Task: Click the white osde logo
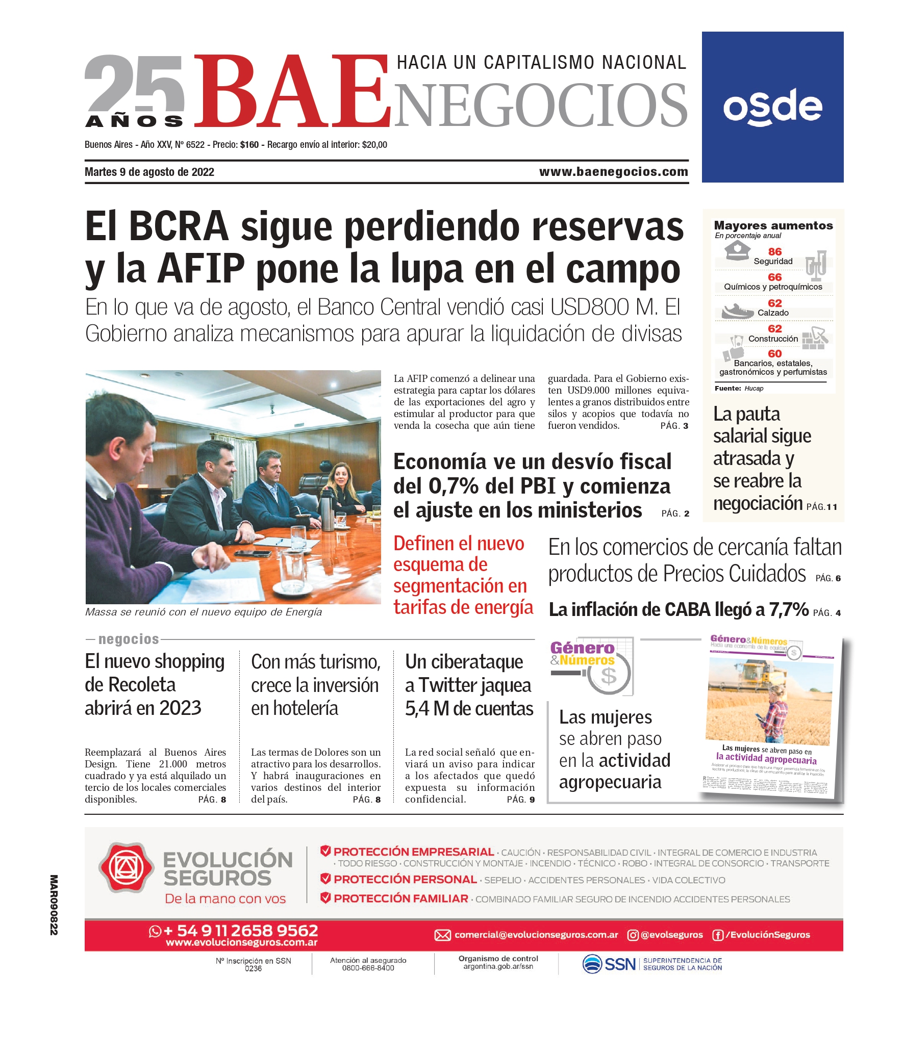(772, 107)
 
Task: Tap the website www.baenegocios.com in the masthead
(613, 172)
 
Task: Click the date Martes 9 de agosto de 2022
(149, 172)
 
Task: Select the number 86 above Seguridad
(774, 251)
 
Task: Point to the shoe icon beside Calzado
(737, 311)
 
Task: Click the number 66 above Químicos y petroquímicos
(774, 277)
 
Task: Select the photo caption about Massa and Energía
(204, 612)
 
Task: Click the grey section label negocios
(129, 639)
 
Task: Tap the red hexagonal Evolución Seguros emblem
(126, 868)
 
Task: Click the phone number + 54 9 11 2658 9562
(240, 931)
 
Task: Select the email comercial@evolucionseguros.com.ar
(536, 935)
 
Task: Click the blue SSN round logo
(592, 964)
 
